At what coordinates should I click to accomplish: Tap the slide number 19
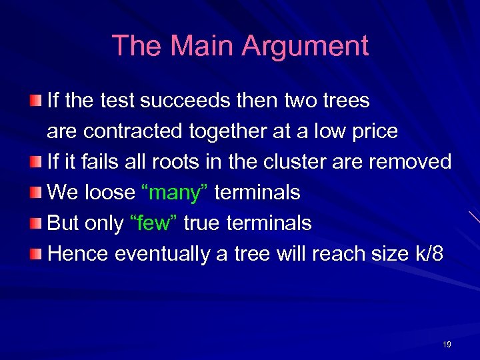447,345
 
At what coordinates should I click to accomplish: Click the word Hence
78,254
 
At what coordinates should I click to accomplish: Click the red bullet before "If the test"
35,101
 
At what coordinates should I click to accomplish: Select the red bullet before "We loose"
35,193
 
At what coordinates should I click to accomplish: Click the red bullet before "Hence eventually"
35,254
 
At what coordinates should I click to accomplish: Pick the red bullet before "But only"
35,223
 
